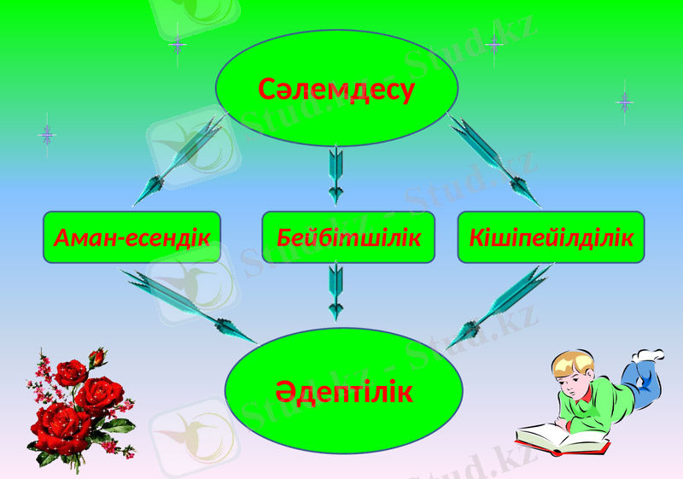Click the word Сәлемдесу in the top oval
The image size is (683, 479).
[x=336, y=88]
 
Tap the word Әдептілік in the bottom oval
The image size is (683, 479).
[x=343, y=392]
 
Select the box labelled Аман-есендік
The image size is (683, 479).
[x=131, y=237]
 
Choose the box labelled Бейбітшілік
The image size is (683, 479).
[x=348, y=237]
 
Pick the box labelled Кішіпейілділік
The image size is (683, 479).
[x=551, y=237]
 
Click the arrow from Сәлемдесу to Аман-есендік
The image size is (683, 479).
[x=183, y=158]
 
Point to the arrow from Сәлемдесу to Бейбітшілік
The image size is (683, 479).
[x=336, y=173]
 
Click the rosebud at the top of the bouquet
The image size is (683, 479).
[x=98, y=356]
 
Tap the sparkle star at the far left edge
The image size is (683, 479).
[x=47, y=134]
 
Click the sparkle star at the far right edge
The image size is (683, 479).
[x=624, y=102]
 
